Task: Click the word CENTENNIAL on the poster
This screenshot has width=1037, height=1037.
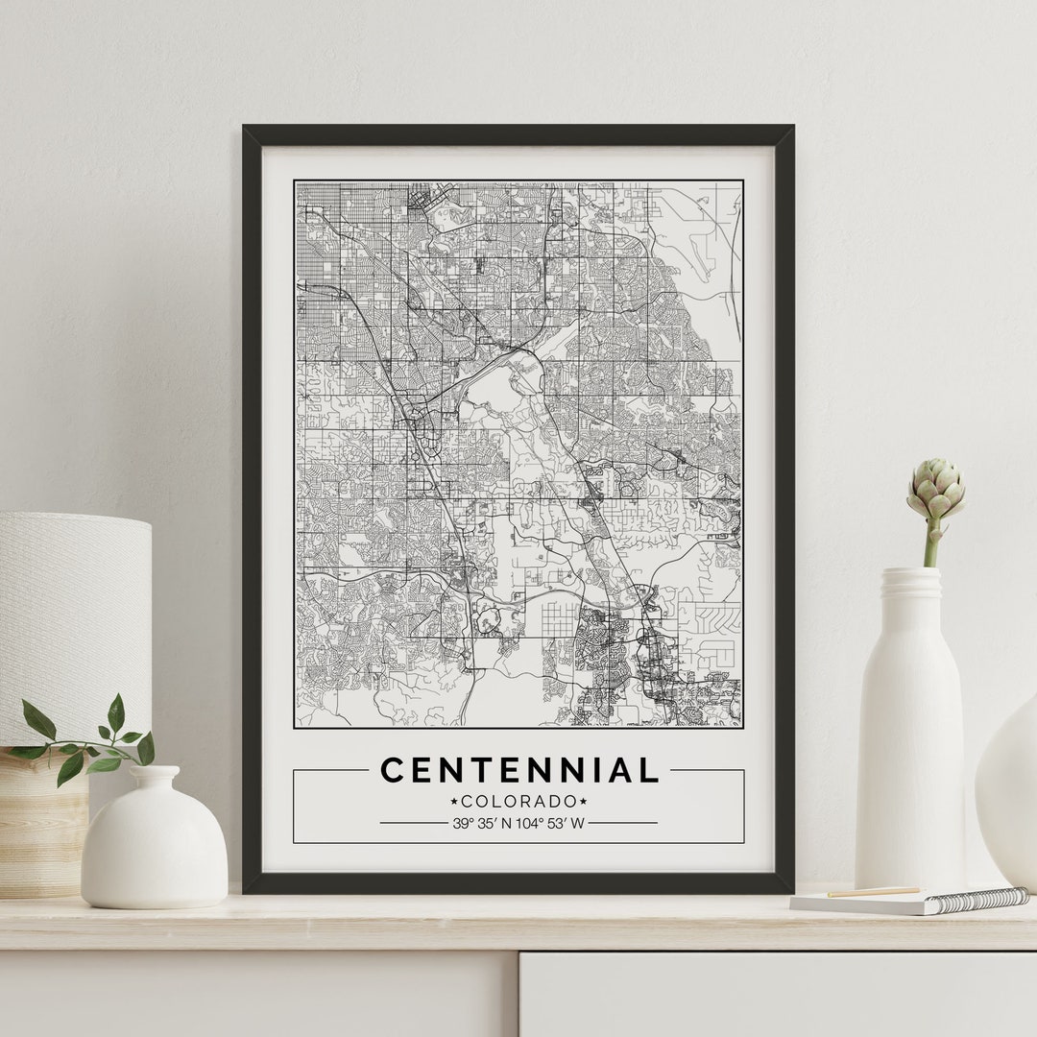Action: pos(519,770)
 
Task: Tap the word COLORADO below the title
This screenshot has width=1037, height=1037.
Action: pos(518,801)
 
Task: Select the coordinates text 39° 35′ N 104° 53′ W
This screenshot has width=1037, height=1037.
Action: pos(518,823)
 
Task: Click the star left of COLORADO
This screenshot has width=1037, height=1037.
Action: pos(454,801)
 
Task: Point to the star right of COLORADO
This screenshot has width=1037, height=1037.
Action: pos(583,801)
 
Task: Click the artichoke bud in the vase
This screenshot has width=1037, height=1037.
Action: pos(935,490)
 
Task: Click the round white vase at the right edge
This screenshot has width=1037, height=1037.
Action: pos(1010,787)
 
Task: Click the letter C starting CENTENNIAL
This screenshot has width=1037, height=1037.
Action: pos(392,770)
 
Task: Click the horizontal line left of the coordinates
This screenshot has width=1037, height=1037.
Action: pos(413,823)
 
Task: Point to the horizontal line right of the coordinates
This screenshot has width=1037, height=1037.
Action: pos(623,823)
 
